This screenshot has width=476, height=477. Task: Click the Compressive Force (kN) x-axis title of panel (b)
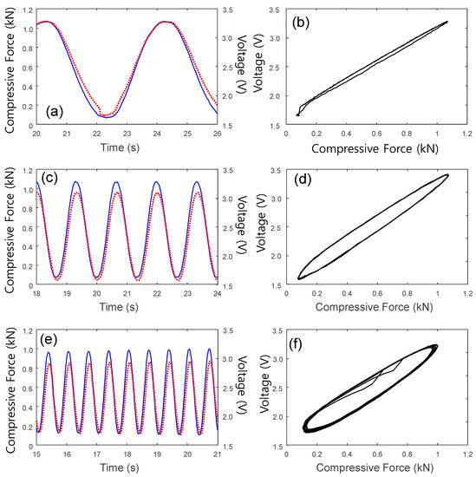pos(376,148)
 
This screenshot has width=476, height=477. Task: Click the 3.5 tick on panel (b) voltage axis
pos(275,9)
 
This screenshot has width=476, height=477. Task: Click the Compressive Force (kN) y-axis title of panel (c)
pos(8,227)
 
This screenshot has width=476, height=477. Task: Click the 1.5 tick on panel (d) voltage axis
pos(275,284)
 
